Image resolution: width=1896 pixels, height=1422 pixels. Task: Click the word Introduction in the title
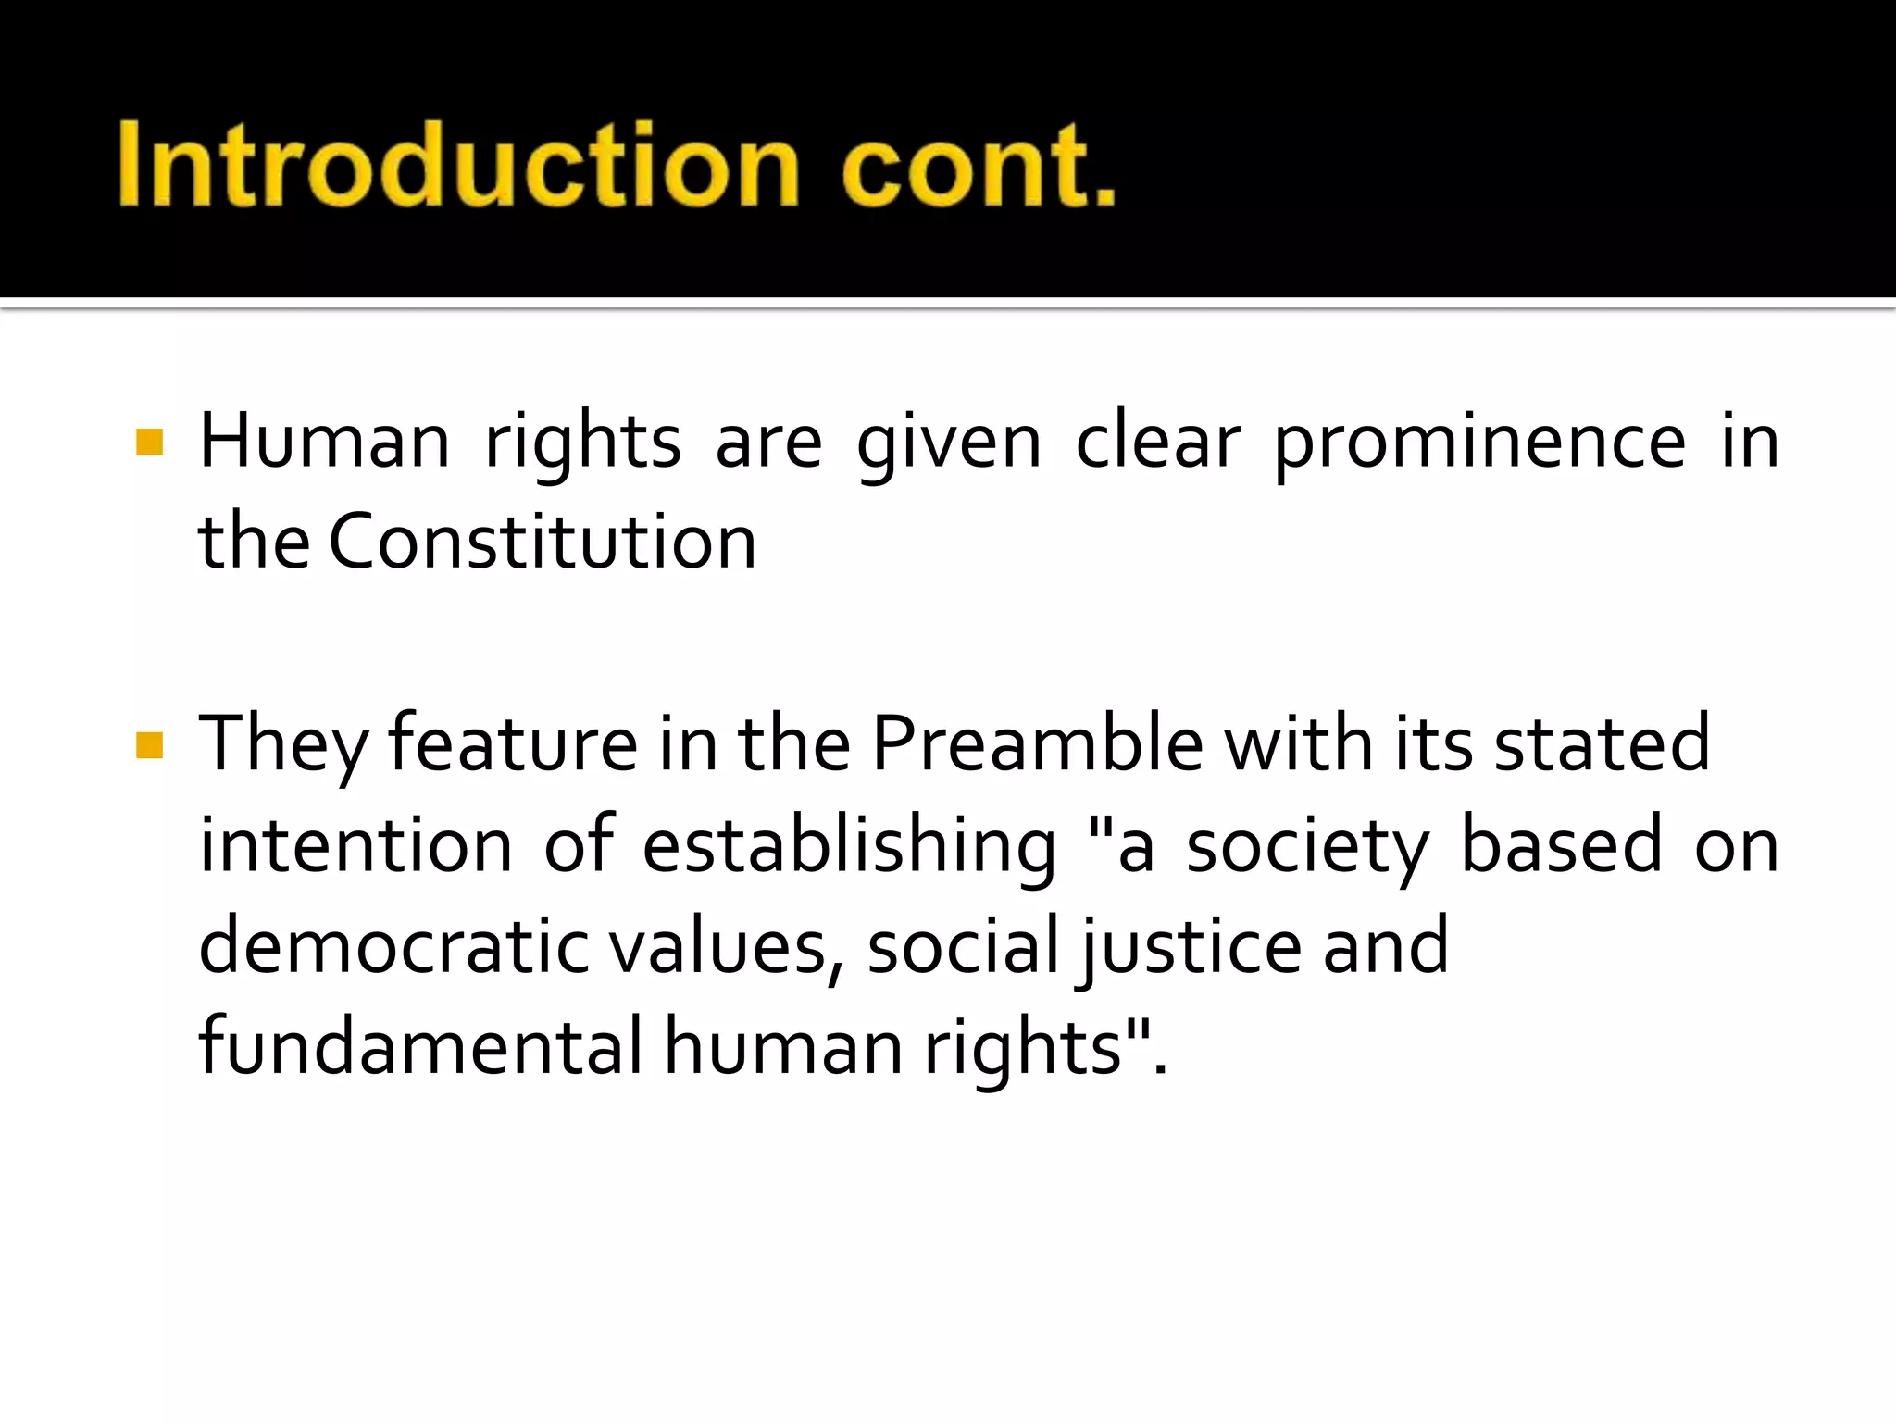[x=458, y=165]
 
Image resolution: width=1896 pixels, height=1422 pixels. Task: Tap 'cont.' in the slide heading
[x=979, y=165]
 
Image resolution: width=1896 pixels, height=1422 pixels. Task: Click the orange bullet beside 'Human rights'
[x=149, y=443]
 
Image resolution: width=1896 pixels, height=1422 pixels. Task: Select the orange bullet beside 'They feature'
[x=149, y=745]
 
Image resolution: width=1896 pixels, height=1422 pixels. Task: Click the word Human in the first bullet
[x=324, y=442]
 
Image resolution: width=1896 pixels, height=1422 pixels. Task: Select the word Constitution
[x=543, y=543]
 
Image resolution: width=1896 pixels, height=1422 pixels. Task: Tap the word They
[x=282, y=746]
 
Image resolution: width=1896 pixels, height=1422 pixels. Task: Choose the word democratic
[x=393, y=946]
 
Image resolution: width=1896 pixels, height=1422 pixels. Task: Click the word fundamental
[x=420, y=1047]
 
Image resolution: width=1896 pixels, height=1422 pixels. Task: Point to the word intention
[x=356, y=845]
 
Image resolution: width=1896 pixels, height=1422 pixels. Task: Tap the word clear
[x=1157, y=442]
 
